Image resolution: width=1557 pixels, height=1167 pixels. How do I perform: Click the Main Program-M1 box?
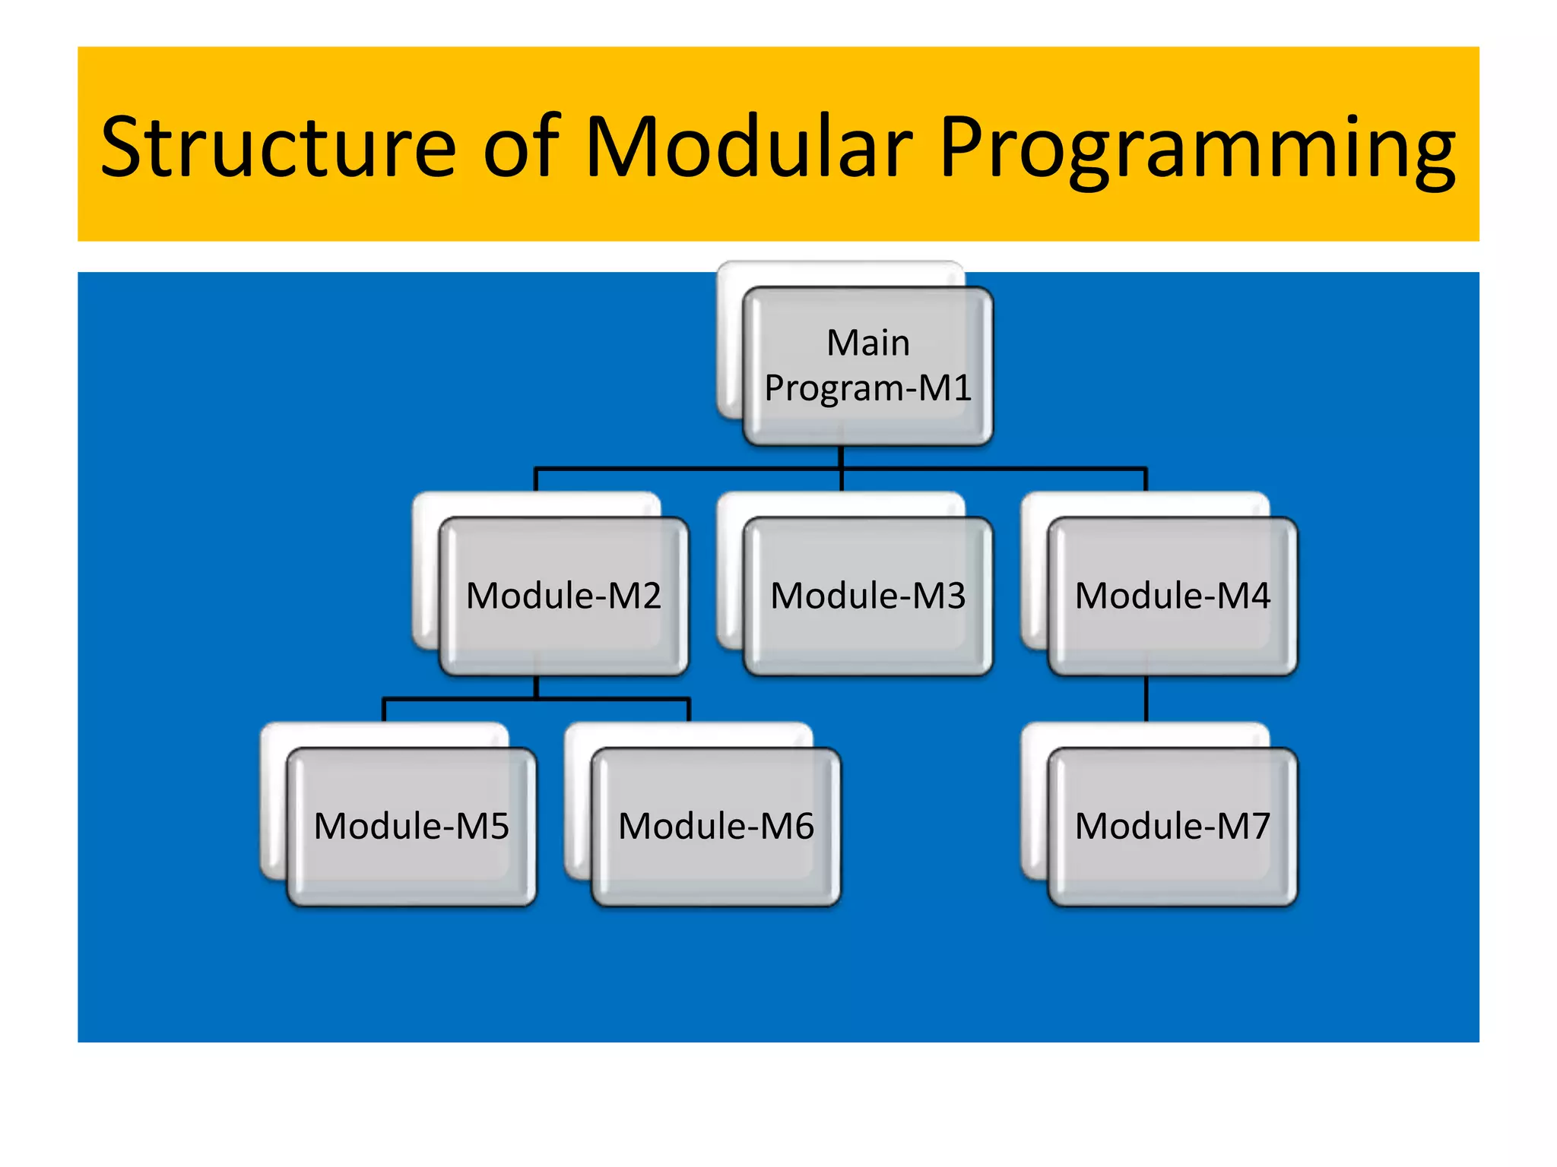point(867,365)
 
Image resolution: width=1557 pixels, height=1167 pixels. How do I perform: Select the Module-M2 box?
point(563,596)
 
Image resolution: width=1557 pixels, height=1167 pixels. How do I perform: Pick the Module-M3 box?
point(867,596)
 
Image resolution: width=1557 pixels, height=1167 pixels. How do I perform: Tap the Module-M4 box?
point(1172,596)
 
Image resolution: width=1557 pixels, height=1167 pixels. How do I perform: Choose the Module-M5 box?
point(411,827)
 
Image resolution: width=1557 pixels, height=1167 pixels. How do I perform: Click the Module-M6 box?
point(715,827)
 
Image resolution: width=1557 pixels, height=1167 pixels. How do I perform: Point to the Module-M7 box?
point(1172,827)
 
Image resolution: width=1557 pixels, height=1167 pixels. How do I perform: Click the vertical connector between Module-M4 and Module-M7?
point(1146,699)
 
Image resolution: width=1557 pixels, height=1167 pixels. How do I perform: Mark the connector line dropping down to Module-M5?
point(385,710)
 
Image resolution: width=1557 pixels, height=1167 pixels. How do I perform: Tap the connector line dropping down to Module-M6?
point(689,710)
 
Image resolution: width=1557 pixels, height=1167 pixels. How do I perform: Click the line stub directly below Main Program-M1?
point(841,457)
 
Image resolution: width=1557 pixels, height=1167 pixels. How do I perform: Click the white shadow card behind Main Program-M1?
point(728,342)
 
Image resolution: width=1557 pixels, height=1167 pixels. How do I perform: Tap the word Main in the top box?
point(867,343)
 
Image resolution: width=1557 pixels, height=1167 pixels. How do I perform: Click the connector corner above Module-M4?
point(1145,470)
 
